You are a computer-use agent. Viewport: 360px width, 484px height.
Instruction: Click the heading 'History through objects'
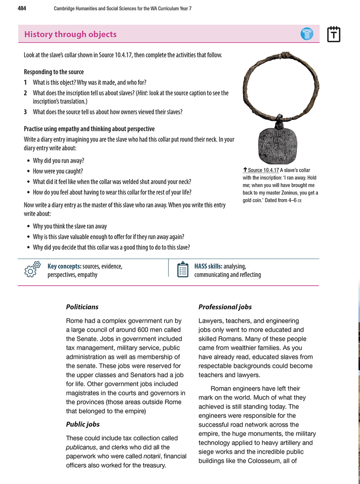coord(70,34)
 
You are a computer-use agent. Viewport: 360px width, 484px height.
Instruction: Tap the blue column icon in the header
coord(307,34)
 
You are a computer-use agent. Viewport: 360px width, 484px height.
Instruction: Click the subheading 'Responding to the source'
coord(53,72)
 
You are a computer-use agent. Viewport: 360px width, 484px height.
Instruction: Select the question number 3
coord(26,112)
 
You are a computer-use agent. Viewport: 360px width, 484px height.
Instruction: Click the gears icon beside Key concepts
coord(33,270)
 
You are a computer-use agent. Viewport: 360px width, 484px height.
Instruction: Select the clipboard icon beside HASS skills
coord(183,270)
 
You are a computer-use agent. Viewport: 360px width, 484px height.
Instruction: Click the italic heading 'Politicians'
coord(82,307)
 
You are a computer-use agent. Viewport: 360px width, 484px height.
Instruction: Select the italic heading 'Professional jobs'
coord(225,307)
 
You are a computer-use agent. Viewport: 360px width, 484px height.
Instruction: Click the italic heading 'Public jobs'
coord(83,424)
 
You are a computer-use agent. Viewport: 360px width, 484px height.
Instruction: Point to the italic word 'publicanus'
coord(82,447)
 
